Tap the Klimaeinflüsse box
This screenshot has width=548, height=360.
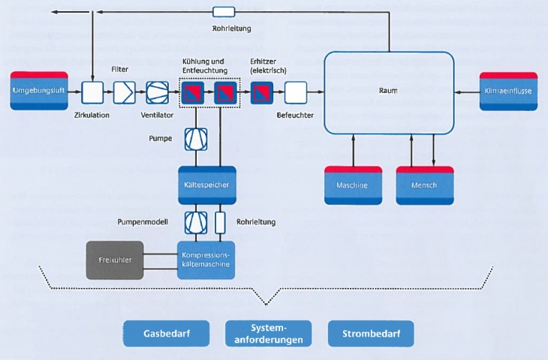pyautogui.click(x=509, y=91)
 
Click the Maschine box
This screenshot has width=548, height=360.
pyautogui.click(x=353, y=185)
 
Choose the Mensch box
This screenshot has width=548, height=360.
pyautogui.click(x=424, y=185)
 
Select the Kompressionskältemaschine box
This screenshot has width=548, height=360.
pyautogui.click(x=206, y=261)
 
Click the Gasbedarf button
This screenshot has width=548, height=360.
pyautogui.click(x=166, y=333)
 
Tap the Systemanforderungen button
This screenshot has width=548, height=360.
pyautogui.click(x=267, y=333)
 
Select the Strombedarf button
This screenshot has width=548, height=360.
pyautogui.click(x=370, y=333)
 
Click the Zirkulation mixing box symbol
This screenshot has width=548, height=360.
pyautogui.click(x=92, y=92)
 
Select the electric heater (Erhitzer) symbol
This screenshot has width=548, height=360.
pyautogui.click(x=262, y=92)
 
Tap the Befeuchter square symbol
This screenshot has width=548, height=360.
pyautogui.click(x=294, y=92)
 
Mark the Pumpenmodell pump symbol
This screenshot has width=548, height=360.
pyautogui.click(x=194, y=221)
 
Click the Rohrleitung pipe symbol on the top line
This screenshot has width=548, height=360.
pyautogui.click(x=224, y=12)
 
